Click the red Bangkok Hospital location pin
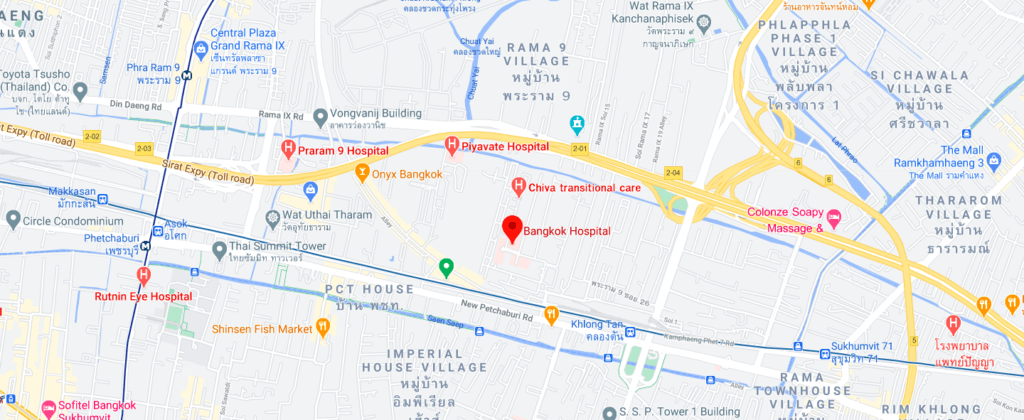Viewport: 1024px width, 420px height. (512, 229)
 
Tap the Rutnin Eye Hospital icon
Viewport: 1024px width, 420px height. (144, 276)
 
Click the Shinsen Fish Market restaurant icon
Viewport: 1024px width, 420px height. (322, 326)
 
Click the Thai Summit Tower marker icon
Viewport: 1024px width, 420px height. (219, 248)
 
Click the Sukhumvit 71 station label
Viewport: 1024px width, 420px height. (855, 353)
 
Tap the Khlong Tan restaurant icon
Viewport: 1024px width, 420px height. (550, 316)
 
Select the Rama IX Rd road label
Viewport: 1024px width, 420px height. (279, 116)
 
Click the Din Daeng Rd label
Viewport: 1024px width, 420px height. (131, 104)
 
